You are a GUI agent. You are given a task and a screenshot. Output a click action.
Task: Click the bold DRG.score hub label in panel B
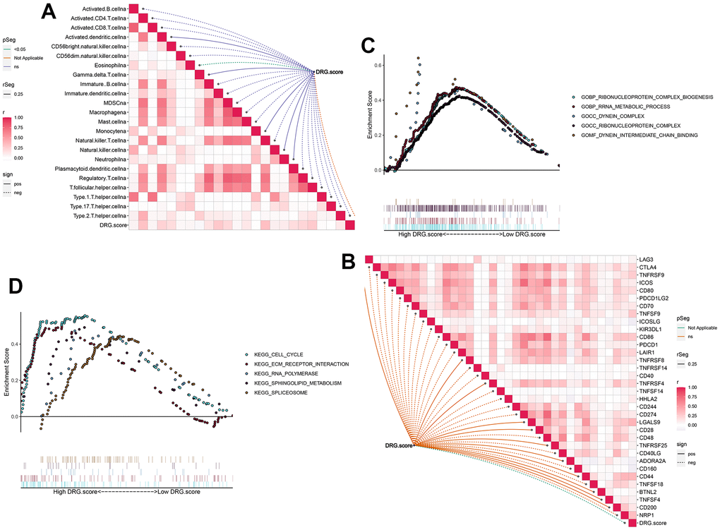pos(397,445)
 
